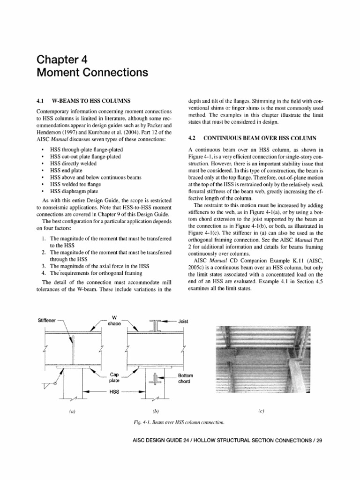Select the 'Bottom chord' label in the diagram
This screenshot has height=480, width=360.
[x=186, y=379]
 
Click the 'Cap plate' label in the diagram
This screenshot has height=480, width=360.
[x=115, y=378]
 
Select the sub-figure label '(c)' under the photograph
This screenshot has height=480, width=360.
[x=261, y=411]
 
